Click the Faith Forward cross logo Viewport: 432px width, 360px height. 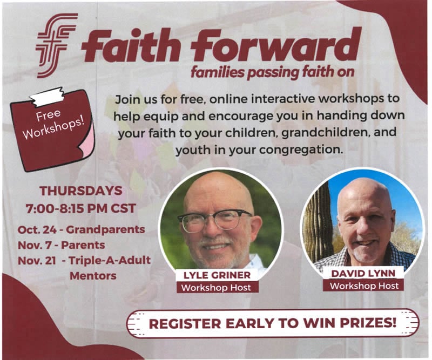pos(56,45)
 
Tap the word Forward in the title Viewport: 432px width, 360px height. pos(276,45)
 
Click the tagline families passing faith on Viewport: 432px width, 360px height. pos(273,72)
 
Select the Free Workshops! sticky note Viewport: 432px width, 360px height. pos(52,130)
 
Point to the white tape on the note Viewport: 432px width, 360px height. pos(47,96)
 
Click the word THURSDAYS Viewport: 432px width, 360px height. pos(80,191)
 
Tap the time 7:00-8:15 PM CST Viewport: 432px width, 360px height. pos(80,208)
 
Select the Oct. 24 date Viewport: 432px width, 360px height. pos(37,229)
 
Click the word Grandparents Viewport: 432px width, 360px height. pos(105,230)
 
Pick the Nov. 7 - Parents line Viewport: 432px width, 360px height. pos(62,245)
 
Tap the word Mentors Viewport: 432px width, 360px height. pos(93,276)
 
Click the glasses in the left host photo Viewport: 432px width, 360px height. pos(214,220)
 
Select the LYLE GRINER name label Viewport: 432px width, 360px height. pos(217,275)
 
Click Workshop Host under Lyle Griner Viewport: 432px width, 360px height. pos(217,288)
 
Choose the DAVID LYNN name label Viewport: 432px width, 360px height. pos(363,274)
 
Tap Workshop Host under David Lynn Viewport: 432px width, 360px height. pos(364,286)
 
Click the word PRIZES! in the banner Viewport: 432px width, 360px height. pos(368,323)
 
